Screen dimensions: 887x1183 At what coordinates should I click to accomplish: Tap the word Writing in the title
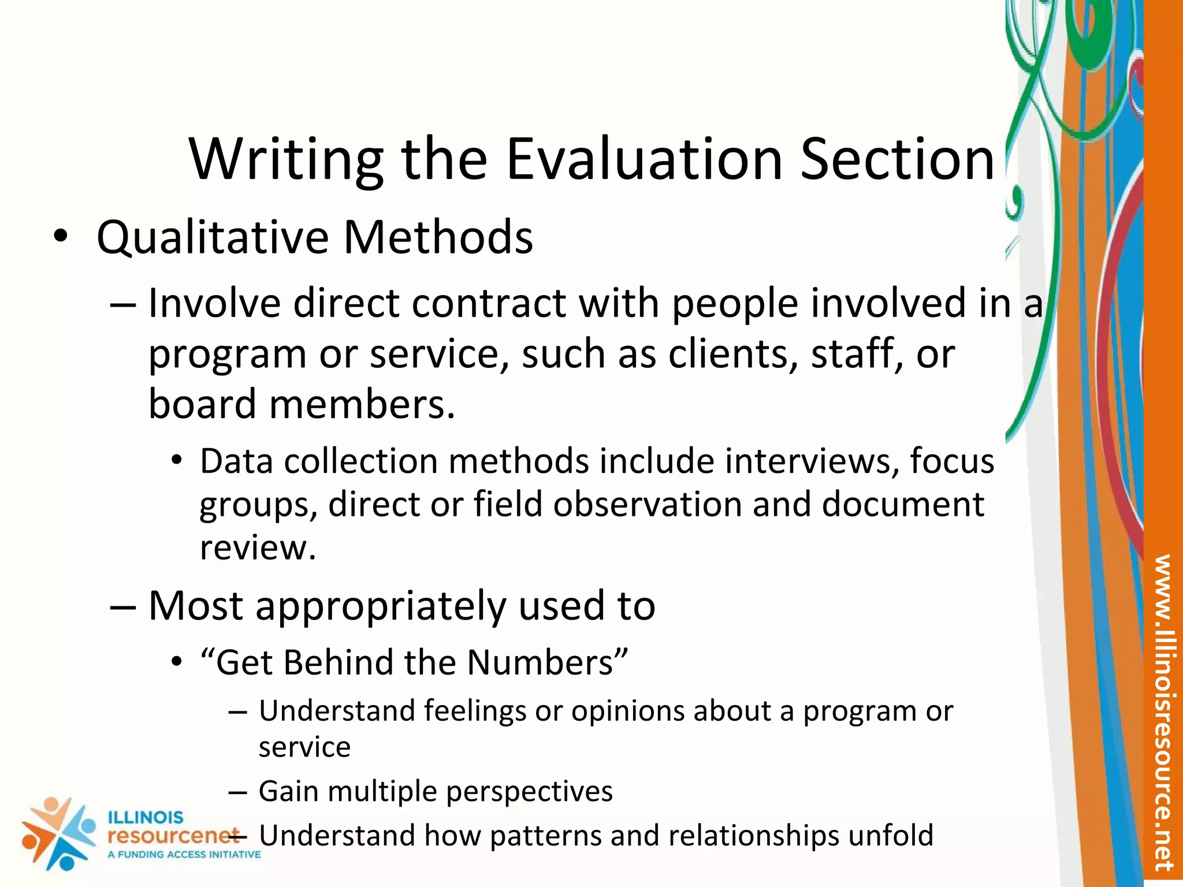(x=287, y=161)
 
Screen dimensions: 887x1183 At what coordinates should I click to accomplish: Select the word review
(x=258, y=547)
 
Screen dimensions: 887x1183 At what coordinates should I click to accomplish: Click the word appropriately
(x=381, y=606)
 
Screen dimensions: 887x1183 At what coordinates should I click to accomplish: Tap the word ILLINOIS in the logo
(x=146, y=818)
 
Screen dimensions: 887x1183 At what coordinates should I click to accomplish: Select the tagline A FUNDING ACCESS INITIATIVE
(x=184, y=855)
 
